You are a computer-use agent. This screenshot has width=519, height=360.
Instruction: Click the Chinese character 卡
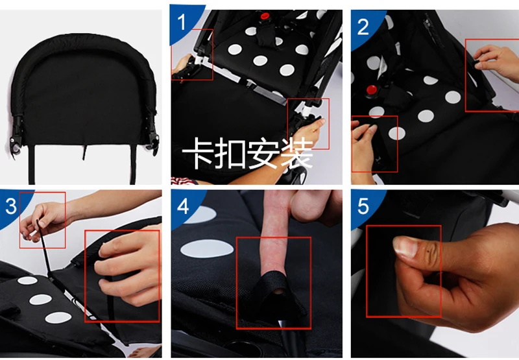(198, 154)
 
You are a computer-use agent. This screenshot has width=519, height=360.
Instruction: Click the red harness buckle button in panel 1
(265, 16)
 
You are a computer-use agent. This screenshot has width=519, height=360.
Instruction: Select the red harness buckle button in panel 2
(372, 90)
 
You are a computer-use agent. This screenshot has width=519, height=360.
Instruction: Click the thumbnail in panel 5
(405, 246)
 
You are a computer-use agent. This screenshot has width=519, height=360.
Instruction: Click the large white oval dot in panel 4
(207, 248)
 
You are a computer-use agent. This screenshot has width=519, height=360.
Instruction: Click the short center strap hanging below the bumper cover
(85, 152)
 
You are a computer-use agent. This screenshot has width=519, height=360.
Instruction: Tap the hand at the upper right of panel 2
(496, 61)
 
